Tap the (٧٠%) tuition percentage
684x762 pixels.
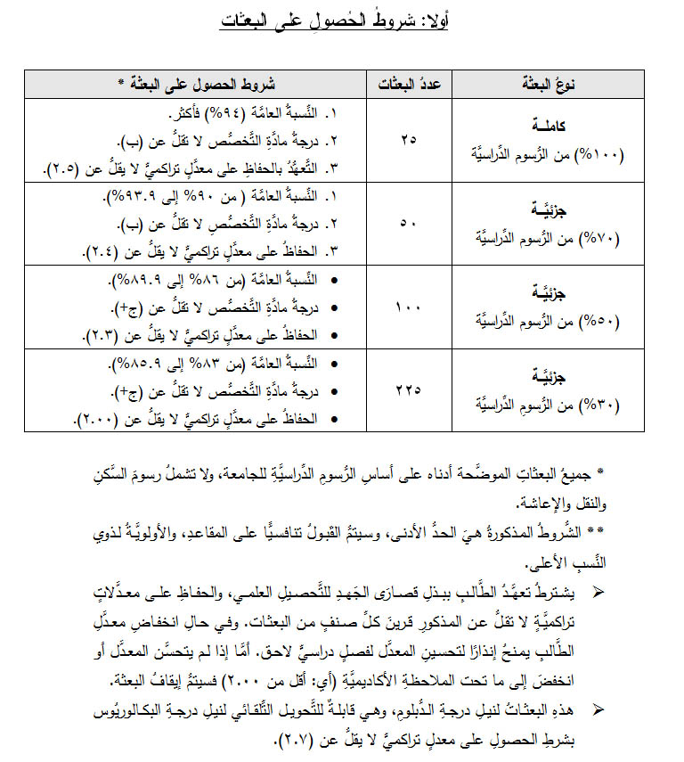point(606,238)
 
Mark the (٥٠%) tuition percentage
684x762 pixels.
point(606,321)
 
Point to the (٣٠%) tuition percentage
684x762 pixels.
point(606,405)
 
